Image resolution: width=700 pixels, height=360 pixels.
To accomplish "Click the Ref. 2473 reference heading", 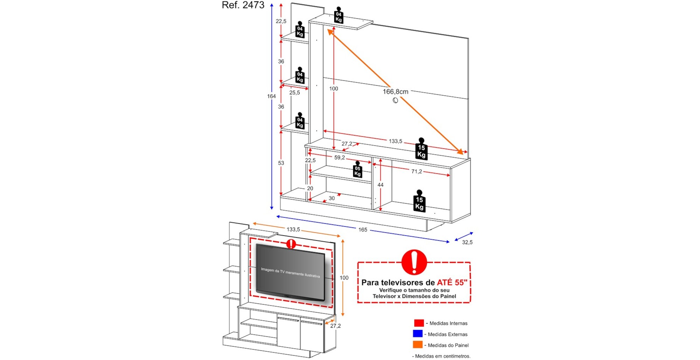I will pyautogui.click(x=243, y=5).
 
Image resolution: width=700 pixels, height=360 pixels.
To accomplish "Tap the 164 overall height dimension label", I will pyautogui.click(x=271, y=96).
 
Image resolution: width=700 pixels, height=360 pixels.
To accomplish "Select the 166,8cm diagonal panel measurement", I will pyautogui.click(x=395, y=92).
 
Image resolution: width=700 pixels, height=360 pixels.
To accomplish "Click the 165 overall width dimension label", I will pyautogui.click(x=363, y=230).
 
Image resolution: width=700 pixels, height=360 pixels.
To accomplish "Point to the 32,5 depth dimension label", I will pyautogui.click(x=467, y=242).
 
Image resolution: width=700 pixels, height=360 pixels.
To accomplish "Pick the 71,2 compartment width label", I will pyautogui.click(x=416, y=172).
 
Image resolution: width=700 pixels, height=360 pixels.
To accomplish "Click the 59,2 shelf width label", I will pyautogui.click(x=339, y=158).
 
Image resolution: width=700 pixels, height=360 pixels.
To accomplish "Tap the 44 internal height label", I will pyautogui.click(x=380, y=185).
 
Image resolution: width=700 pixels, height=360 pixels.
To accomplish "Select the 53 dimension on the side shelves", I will pyautogui.click(x=281, y=163).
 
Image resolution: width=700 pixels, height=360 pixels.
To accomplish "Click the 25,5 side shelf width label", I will pyautogui.click(x=294, y=93).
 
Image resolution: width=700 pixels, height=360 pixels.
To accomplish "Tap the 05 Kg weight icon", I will pyautogui.click(x=357, y=170).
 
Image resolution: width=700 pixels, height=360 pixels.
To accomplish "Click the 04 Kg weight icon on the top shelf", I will pyautogui.click(x=338, y=16).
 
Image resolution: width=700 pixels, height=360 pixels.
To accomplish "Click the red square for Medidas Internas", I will pyautogui.click(x=419, y=323).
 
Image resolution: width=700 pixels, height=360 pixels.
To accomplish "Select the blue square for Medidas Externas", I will pyautogui.click(x=418, y=334).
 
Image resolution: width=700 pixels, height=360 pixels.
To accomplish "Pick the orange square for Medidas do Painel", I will pyautogui.click(x=418, y=345).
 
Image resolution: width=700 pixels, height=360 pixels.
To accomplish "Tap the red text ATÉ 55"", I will pyautogui.click(x=452, y=283).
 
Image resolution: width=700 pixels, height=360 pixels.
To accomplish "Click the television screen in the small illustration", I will pyautogui.click(x=290, y=272).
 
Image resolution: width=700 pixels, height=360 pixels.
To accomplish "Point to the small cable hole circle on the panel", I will pyautogui.click(x=395, y=101).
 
